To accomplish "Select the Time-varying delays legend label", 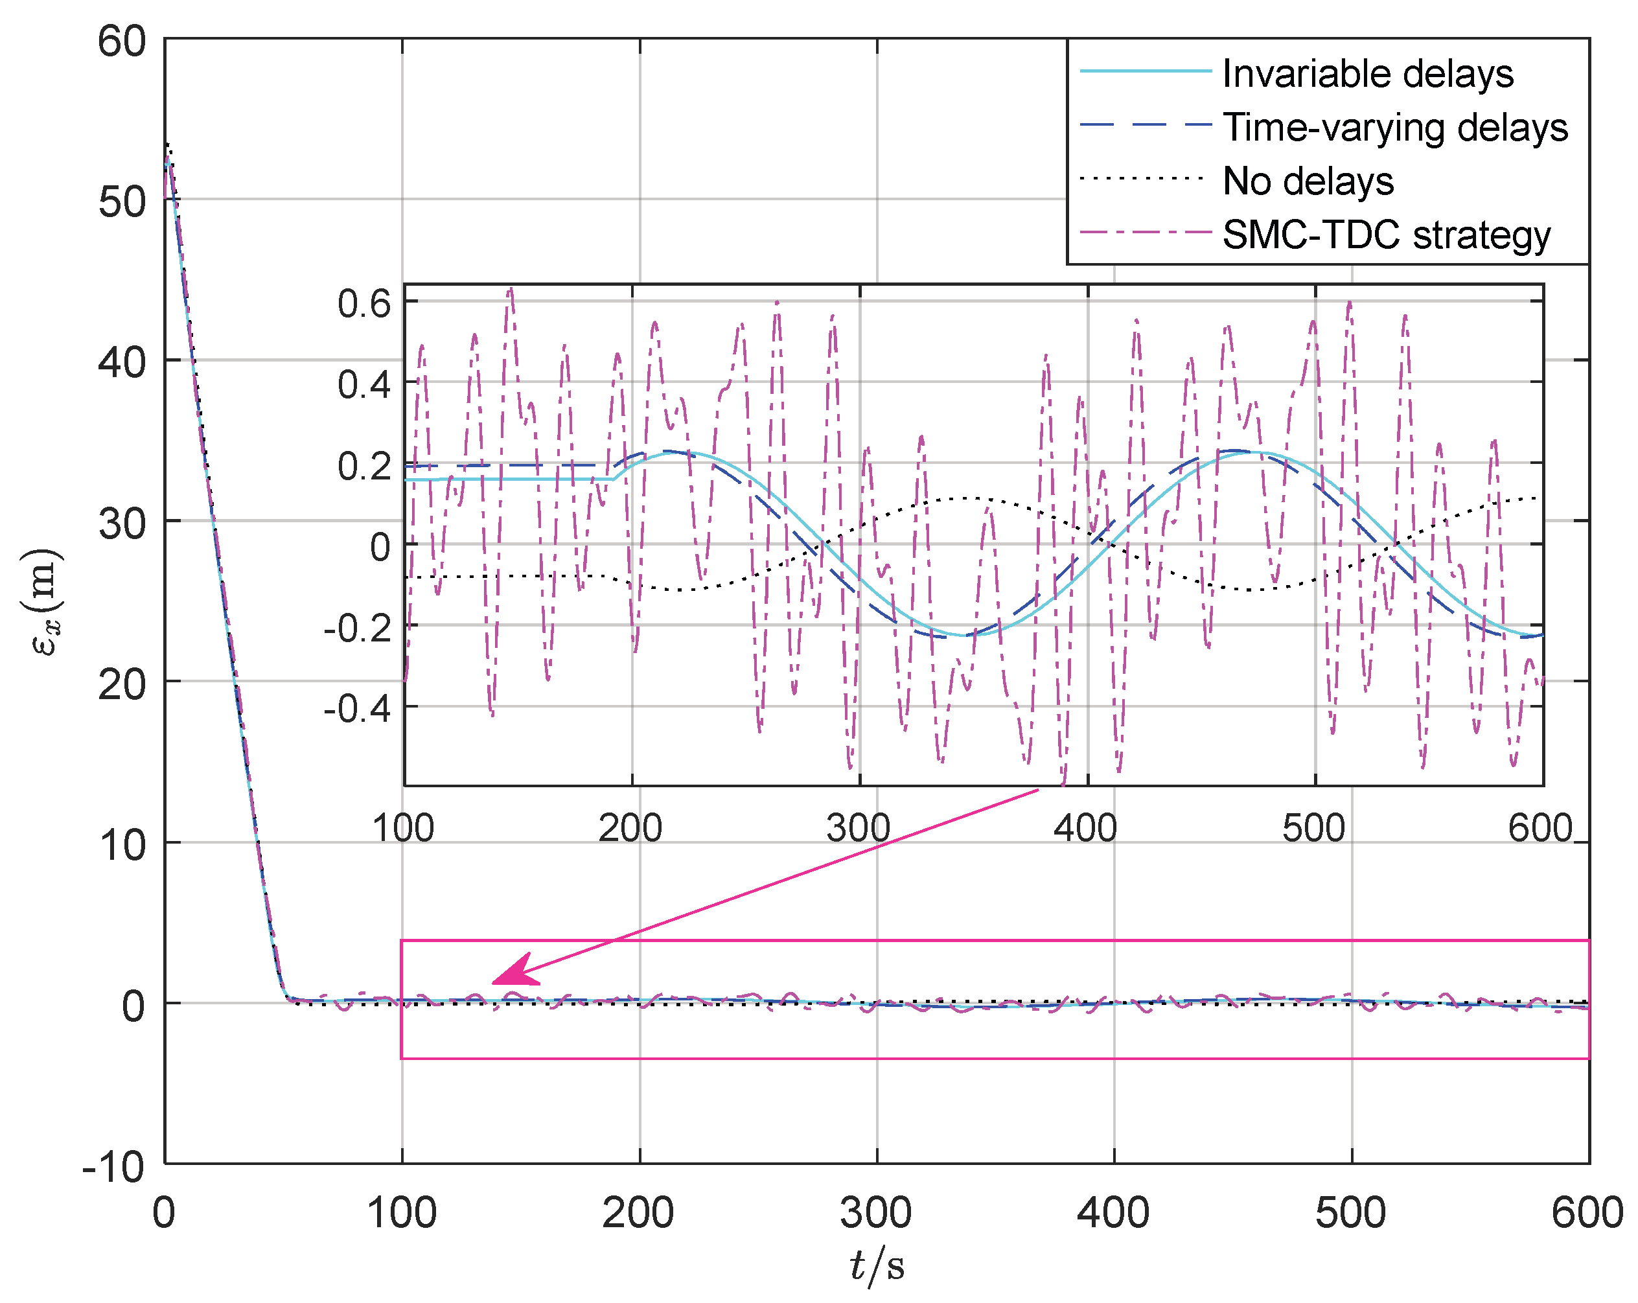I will (x=1395, y=127).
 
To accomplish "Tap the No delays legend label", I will (x=1308, y=181).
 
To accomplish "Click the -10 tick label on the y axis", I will (x=114, y=1166).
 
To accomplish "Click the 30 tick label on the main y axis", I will (x=122, y=524).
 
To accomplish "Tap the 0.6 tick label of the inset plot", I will (x=364, y=304).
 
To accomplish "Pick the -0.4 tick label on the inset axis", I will (x=357, y=709).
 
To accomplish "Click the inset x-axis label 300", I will (x=859, y=827).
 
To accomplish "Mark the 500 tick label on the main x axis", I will (x=1351, y=1214).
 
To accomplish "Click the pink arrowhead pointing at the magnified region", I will (x=516, y=971).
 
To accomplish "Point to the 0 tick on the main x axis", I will (x=164, y=1214).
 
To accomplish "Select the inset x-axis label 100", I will (x=402, y=827).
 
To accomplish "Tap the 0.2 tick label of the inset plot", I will (x=364, y=466).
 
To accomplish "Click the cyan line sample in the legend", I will (x=1145, y=71).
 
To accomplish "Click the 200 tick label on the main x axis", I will (x=638, y=1214).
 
